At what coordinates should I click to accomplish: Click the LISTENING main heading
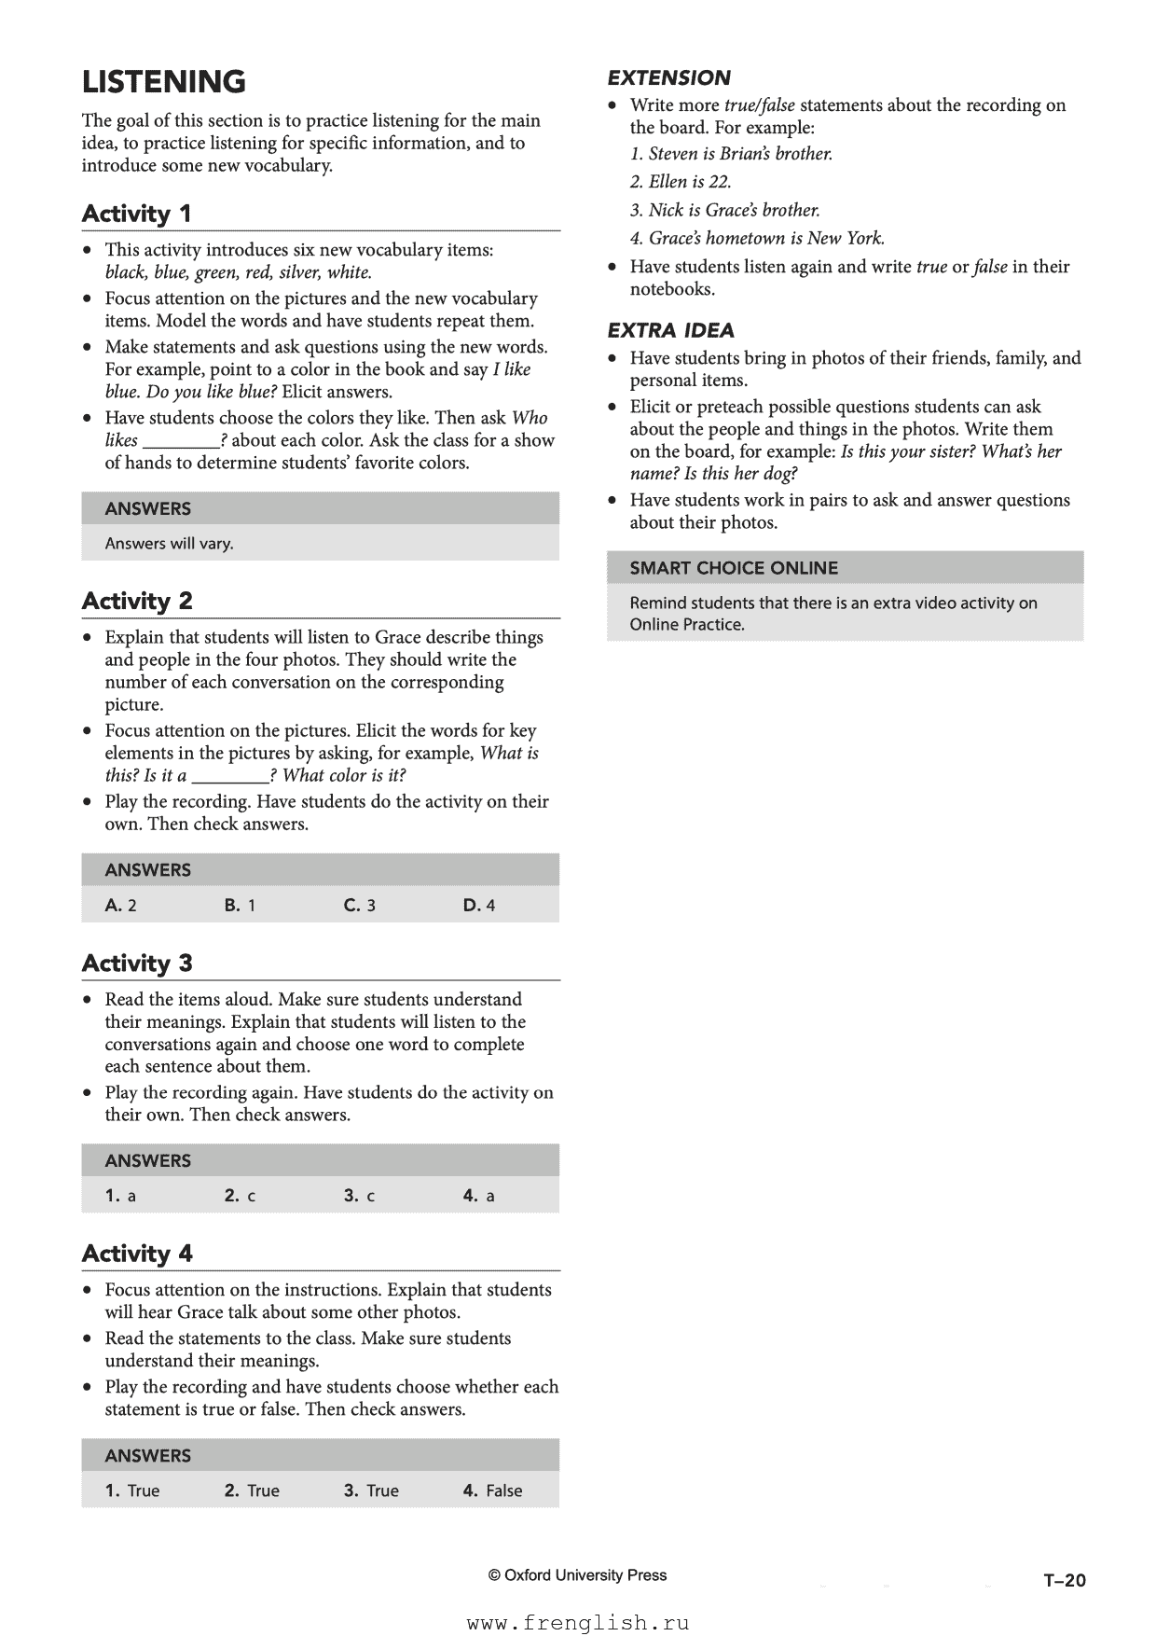[x=164, y=82]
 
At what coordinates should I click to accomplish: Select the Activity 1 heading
[x=136, y=214]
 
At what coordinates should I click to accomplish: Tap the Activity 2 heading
[x=136, y=601]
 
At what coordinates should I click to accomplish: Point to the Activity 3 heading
[x=136, y=963]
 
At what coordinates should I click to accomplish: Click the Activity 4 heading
[x=136, y=1253]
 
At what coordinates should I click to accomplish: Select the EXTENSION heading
[x=668, y=78]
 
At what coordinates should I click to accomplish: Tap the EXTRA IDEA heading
[x=670, y=330]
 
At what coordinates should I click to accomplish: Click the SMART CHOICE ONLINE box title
[x=733, y=568]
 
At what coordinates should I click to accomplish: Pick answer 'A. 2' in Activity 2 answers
[x=121, y=905]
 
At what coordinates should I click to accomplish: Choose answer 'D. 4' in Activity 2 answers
[x=478, y=905]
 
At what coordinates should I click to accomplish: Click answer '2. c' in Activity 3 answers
[x=240, y=1195]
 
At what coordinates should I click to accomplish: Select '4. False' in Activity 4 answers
[x=492, y=1490]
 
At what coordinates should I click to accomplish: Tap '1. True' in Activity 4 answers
[x=132, y=1490]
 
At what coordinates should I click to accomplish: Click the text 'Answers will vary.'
[x=169, y=544]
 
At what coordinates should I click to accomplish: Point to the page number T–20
[x=1065, y=1580]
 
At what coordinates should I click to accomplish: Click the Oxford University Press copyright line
[x=577, y=1575]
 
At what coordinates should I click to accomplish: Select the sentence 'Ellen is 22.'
[x=681, y=182]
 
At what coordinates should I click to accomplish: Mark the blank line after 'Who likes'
[x=180, y=442]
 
